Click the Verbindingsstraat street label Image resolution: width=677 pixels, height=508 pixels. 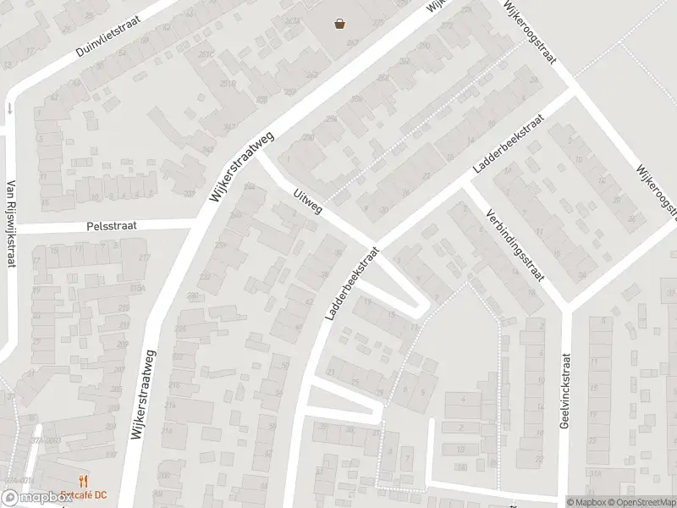pos(515,245)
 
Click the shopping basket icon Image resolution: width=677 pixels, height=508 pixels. pos(340,24)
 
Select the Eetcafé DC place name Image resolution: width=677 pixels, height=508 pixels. pos(84,495)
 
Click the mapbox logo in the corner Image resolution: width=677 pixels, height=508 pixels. pos(36,499)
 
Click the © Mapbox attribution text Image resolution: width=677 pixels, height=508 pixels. pos(586,502)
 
